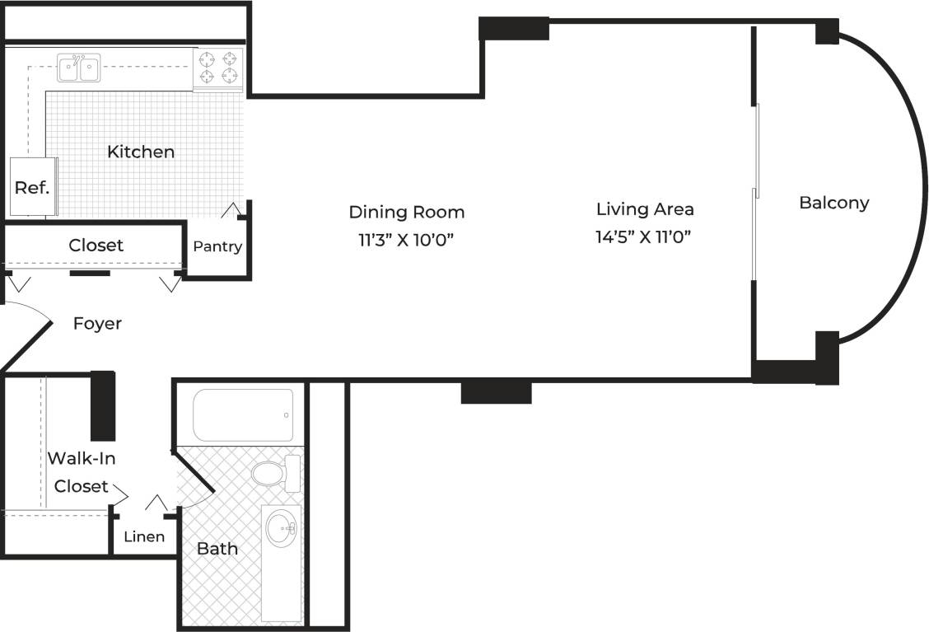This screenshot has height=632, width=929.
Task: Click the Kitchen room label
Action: pyautogui.click(x=141, y=152)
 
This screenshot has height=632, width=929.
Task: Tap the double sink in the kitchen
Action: pyautogui.click(x=79, y=68)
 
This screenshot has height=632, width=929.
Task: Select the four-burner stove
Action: pyautogui.click(x=219, y=68)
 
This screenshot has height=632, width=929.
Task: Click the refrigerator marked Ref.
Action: pyautogui.click(x=32, y=187)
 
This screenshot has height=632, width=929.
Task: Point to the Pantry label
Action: pyautogui.click(x=217, y=246)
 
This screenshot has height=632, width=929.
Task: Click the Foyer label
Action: pyautogui.click(x=97, y=324)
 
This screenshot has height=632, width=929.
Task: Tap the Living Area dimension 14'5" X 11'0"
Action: pyautogui.click(x=642, y=237)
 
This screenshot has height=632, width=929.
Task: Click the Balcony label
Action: pyautogui.click(x=833, y=203)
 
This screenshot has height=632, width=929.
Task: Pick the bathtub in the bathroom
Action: pyautogui.click(x=243, y=415)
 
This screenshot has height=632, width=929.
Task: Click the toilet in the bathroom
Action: pyautogui.click(x=272, y=473)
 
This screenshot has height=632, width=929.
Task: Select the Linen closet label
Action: pyautogui.click(x=144, y=536)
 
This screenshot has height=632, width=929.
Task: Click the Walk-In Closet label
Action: pyautogui.click(x=81, y=472)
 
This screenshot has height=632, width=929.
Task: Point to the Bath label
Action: pyautogui.click(x=217, y=548)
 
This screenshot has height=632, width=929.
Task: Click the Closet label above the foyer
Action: pyautogui.click(x=96, y=245)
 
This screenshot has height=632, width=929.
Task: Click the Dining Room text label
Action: pyautogui.click(x=406, y=212)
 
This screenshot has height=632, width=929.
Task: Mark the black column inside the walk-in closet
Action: pyautogui.click(x=102, y=405)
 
